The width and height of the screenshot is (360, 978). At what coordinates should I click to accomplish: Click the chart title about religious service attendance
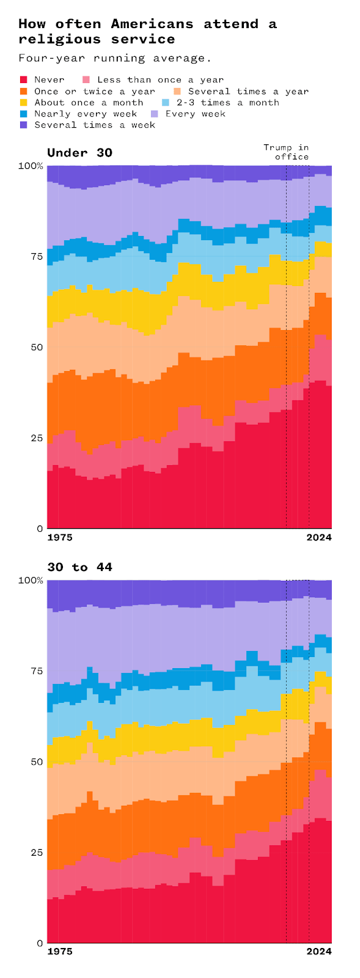[x=147, y=32]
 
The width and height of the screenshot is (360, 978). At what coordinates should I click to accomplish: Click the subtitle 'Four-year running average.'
[x=115, y=58]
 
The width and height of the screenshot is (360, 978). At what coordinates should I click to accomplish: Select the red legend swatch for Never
[x=24, y=79]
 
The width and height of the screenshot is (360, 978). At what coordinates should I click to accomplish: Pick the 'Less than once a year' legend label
[x=160, y=79]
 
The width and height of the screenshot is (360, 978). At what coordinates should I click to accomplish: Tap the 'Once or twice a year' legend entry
[x=95, y=91]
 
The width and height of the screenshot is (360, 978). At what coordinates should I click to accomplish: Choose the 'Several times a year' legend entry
[x=248, y=91]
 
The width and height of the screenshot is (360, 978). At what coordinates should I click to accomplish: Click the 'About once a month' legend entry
[x=89, y=102]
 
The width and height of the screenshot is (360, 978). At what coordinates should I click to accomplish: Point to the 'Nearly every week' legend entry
[x=86, y=114]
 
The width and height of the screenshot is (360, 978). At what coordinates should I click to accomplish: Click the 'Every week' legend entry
[x=195, y=114]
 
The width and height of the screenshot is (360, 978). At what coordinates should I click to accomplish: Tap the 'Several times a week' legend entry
[x=95, y=125]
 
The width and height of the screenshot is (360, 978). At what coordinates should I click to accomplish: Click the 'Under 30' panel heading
[x=80, y=153]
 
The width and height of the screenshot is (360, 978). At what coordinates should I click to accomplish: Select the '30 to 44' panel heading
[x=80, y=567]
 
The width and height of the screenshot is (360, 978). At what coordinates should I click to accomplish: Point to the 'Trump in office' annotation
[x=286, y=152]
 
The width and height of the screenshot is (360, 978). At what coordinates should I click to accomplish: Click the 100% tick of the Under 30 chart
[x=31, y=166]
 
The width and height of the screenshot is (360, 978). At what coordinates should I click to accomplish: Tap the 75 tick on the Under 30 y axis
[x=36, y=257]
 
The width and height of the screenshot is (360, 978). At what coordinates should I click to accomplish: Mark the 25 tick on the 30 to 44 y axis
[x=36, y=852]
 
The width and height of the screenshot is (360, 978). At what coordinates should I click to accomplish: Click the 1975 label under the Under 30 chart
[x=60, y=537]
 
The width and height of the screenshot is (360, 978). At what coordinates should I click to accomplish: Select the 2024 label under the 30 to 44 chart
[x=318, y=952]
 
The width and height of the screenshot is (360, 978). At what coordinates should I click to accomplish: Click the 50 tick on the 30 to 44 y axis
[x=36, y=762]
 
